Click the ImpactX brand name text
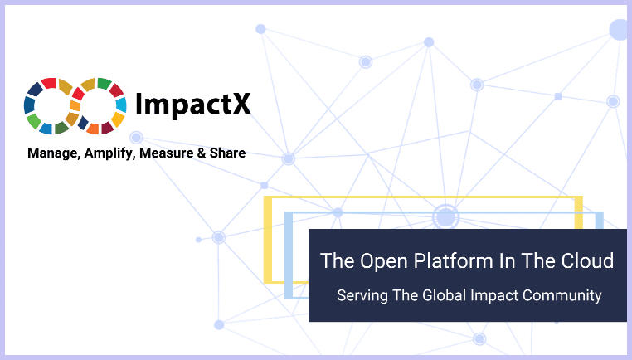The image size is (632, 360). pos(192,105)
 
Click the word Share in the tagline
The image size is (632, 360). pos(228,153)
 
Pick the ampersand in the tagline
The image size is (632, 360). pos(202,153)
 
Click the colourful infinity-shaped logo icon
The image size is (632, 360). pos(75,105)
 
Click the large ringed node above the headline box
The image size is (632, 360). pos(446,217)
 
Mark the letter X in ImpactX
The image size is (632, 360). pos(240,105)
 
